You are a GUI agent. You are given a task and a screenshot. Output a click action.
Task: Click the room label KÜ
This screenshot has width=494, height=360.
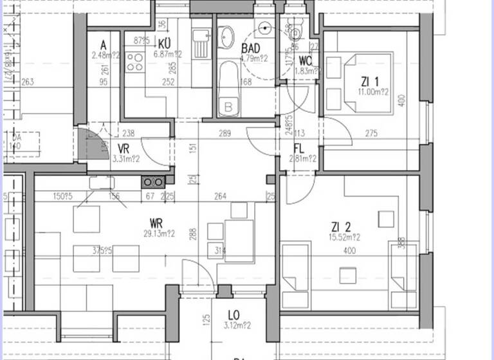tap(163, 43)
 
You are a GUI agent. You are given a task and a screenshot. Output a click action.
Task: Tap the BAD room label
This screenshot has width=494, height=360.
tap(250, 49)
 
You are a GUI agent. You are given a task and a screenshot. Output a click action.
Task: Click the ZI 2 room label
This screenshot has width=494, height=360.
tap(341, 226)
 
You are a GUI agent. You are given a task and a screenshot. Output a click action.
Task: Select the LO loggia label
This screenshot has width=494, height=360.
tap(234, 315)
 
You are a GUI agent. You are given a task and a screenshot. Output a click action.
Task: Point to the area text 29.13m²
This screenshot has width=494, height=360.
tap(160, 234)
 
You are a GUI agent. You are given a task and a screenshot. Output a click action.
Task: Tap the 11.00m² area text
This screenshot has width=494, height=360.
tap(374, 92)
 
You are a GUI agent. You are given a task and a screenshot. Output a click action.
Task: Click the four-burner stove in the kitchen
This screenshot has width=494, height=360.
tap(135, 62)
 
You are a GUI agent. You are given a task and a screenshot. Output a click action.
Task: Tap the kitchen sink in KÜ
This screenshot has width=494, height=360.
tap(201, 42)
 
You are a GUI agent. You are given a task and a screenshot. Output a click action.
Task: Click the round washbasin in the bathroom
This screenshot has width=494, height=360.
tap(227, 37)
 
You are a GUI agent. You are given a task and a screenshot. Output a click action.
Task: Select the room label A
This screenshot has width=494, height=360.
tap(102, 44)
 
